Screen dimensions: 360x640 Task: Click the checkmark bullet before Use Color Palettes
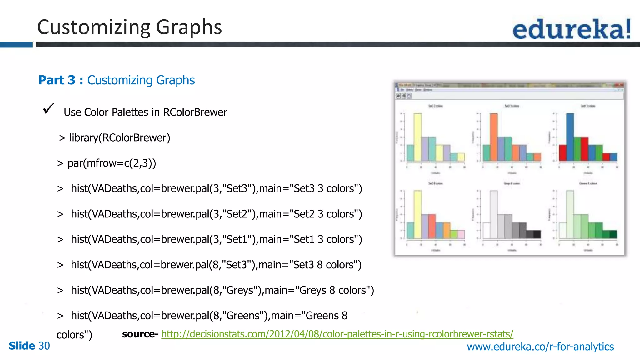(x=49, y=108)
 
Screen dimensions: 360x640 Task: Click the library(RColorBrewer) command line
(x=115, y=138)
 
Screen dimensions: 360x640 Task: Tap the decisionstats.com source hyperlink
(x=337, y=334)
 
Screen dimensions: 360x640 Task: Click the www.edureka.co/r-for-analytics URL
(x=540, y=347)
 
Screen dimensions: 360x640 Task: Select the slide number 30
(x=44, y=346)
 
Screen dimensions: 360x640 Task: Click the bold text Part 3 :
(x=61, y=80)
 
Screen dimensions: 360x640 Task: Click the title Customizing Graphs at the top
(x=129, y=27)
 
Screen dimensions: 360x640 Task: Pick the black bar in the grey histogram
(x=537, y=234)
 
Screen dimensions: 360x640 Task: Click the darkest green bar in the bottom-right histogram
(x=613, y=234)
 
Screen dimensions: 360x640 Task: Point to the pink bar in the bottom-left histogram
(x=461, y=234)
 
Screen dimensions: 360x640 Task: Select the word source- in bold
(x=140, y=334)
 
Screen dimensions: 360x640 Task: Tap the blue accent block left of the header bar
(x=16, y=45)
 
